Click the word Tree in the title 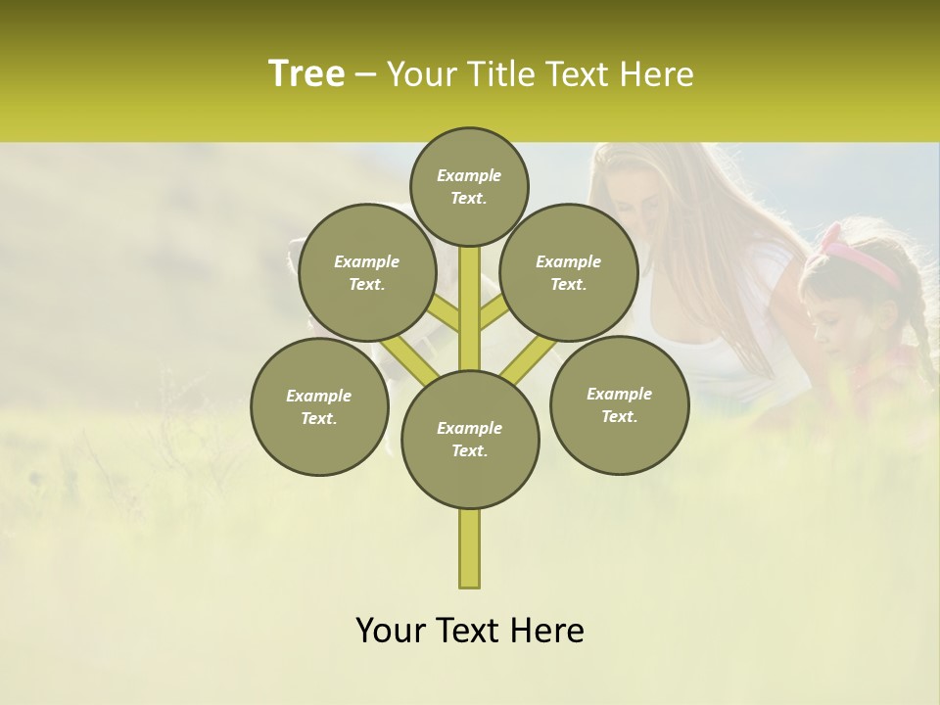[x=306, y=73]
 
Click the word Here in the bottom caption [x=546, y=630]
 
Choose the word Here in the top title [x=656, y=74]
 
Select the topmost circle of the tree [x=469, y=186]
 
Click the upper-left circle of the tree [x=367, y=272]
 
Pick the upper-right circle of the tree [x=569, y=272]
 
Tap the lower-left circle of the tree [x=319, y=406]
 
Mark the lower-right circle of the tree [x=619, y=404]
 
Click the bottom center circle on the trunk [x=470, y=439]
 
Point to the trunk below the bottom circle [x=470, y=548]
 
